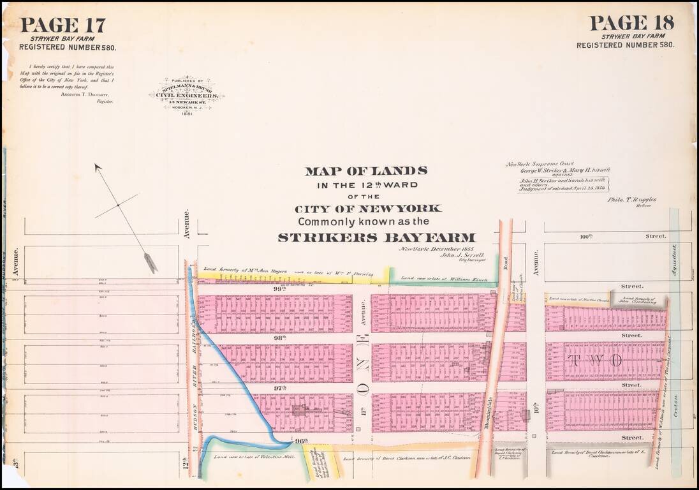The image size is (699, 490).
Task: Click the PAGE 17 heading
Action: pyautogui.click(x=63, y=25)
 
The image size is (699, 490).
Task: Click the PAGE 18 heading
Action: pyautogui.click(x=631, y=23)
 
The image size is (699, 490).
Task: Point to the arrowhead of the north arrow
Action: pyautogui.click(x=151, y=263)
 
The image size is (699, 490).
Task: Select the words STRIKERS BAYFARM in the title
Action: pyautogui.click(x=376, y=237)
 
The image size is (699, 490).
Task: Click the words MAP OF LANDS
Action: pyautogui.click(x=365, y=171)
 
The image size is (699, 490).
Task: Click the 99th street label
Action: pyautogui.click(x=279, y=289)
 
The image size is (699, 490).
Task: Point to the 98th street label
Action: pyautogui.click(x=279, y=338)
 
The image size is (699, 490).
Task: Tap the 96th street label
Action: pyautogui.click(x=302, y=440)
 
